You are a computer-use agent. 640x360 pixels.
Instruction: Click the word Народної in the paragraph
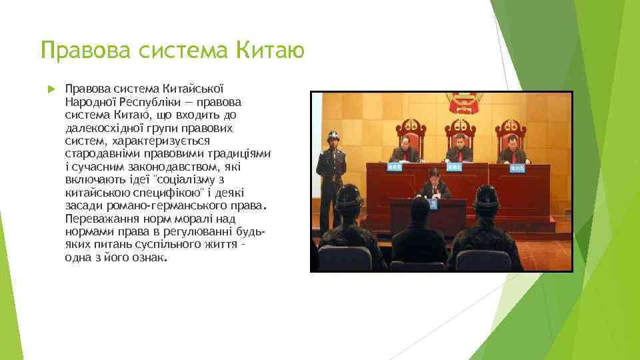91,101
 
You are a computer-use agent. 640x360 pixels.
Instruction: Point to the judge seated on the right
511,147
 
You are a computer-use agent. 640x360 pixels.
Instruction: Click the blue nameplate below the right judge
517,169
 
